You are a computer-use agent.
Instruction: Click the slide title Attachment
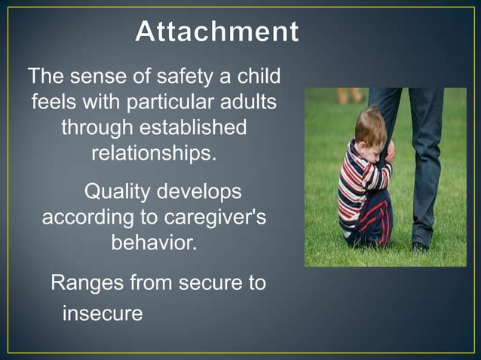[216, 32]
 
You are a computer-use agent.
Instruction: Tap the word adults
[248, 102]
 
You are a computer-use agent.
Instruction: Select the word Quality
[120, 192]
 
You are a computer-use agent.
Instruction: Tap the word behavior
[154, 243]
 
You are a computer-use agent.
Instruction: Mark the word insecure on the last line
[102, 313]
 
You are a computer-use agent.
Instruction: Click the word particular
[167, 102]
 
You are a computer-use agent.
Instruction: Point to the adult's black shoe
[421, 246]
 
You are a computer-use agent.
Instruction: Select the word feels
[56, 102]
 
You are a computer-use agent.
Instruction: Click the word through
[94, 127]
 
